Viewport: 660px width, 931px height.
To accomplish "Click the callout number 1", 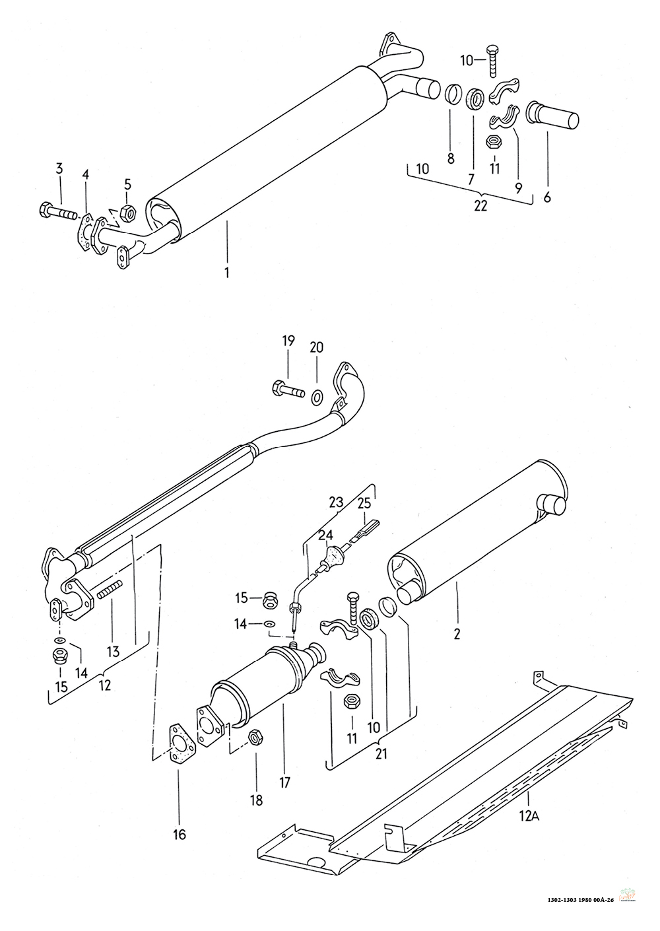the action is coord(227,273).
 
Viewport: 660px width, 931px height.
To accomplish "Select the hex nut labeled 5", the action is coord(126,213).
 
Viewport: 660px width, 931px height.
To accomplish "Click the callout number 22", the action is coord(480,206).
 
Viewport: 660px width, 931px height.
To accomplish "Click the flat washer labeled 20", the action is coord(315,397).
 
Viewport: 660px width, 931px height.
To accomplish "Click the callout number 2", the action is coord(457,635).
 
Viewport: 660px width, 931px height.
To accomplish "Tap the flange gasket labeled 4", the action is coord(84,232).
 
